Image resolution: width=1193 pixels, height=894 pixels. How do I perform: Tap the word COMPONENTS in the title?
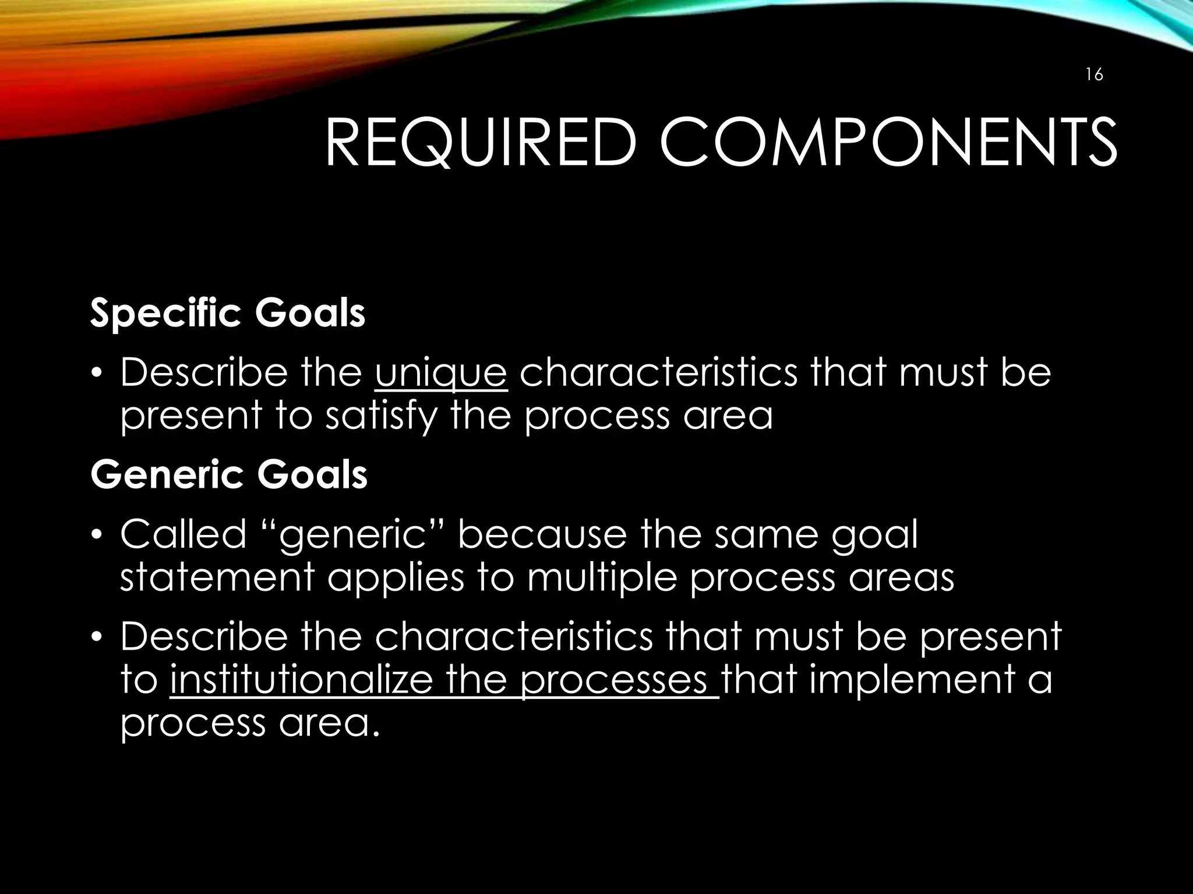pos(888,144)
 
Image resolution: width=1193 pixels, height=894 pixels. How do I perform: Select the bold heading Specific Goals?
pos(228,314)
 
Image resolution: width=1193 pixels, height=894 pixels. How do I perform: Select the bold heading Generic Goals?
pos(229,475)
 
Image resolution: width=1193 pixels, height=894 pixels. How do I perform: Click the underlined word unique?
pos(441,373)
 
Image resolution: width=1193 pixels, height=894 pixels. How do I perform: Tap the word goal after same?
pos(874,535)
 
